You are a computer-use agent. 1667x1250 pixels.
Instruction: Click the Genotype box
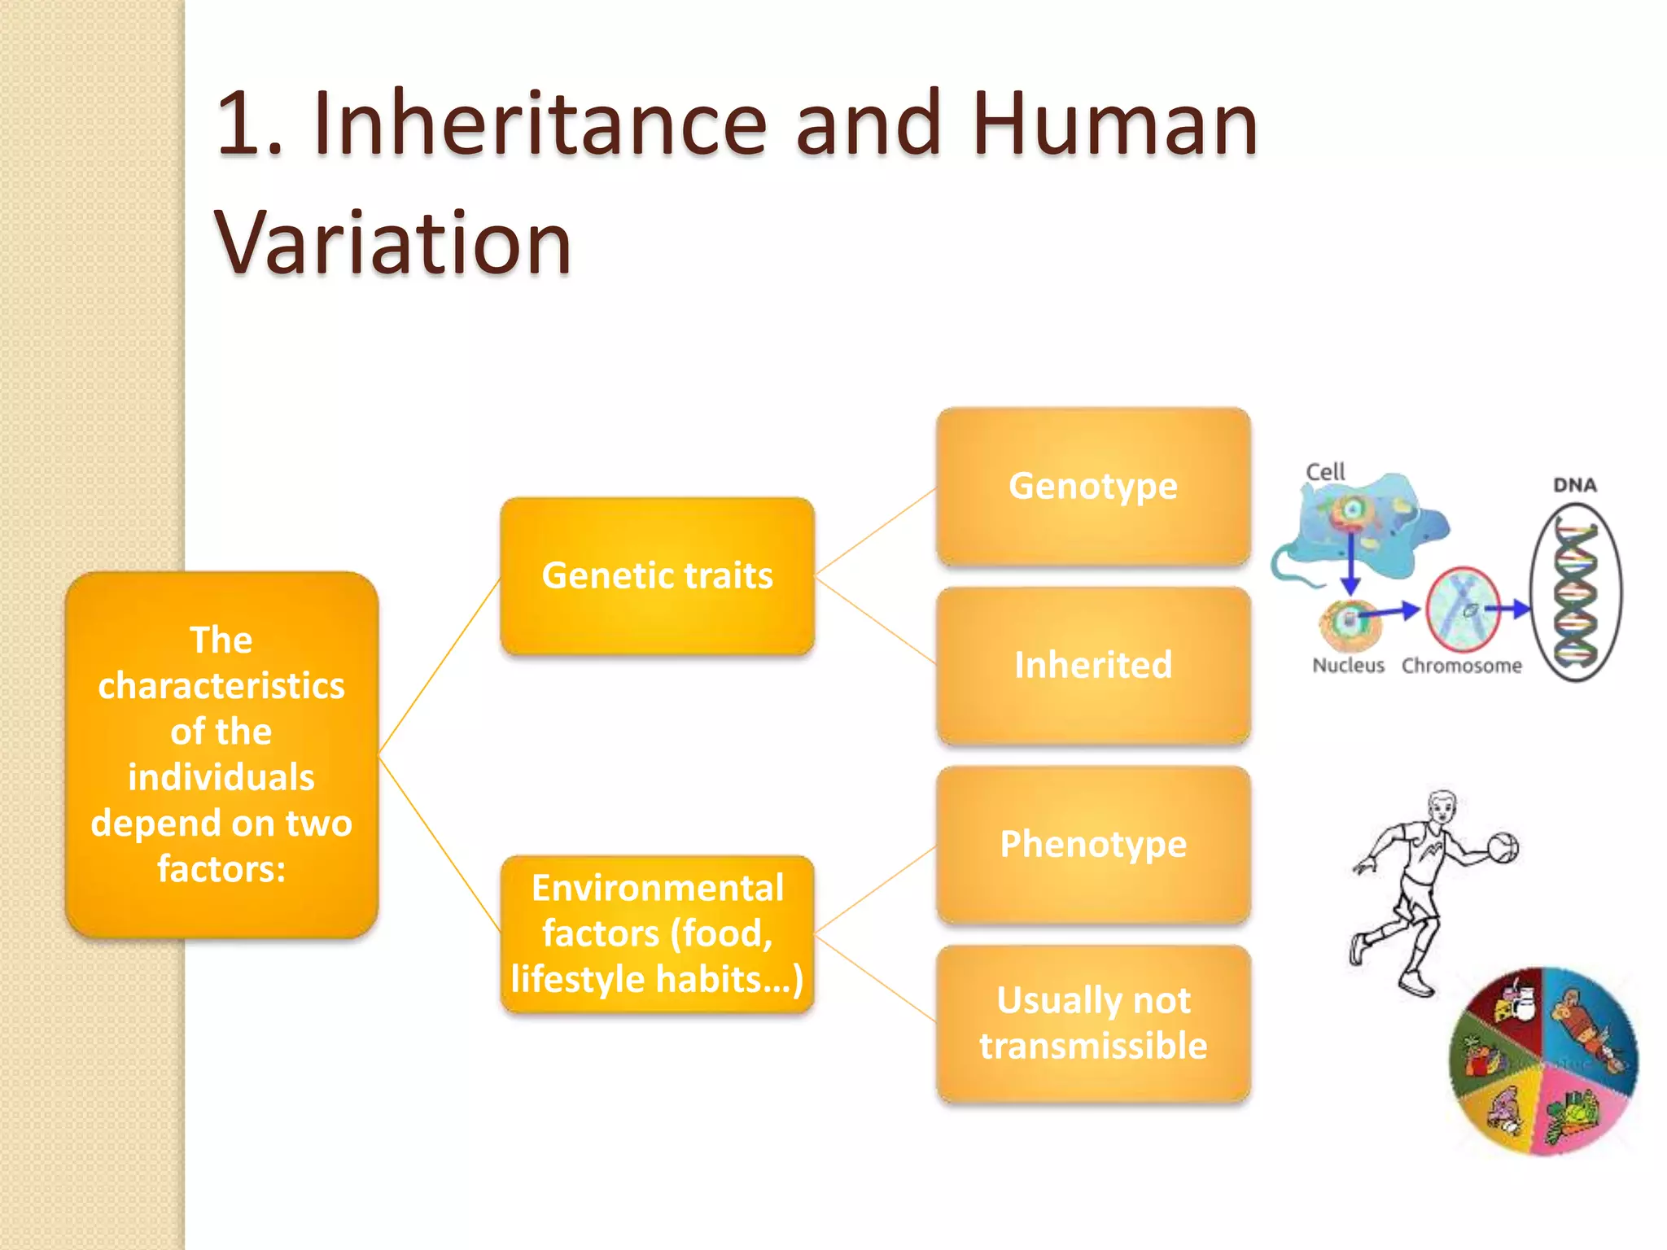1092,487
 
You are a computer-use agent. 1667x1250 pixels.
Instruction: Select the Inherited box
1092,666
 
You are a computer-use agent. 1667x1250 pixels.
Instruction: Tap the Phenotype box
1092,845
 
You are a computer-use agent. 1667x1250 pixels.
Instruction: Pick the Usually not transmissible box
1092,1024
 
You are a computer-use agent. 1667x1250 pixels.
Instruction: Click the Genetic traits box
657,576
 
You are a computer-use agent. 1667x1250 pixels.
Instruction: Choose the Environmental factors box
657,934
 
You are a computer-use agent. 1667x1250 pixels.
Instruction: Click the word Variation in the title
393,243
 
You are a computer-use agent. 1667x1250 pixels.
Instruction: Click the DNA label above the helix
1574,485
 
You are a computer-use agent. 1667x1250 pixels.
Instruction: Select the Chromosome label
1461,666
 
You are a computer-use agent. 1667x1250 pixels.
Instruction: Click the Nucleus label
1348,666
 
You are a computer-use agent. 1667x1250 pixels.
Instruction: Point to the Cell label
1325,472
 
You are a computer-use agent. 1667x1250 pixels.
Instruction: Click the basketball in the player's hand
1503,848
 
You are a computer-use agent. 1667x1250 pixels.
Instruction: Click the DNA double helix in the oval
1576,592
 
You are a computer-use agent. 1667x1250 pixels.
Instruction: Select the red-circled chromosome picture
1463,609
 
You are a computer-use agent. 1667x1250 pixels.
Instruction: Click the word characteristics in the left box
221,686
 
